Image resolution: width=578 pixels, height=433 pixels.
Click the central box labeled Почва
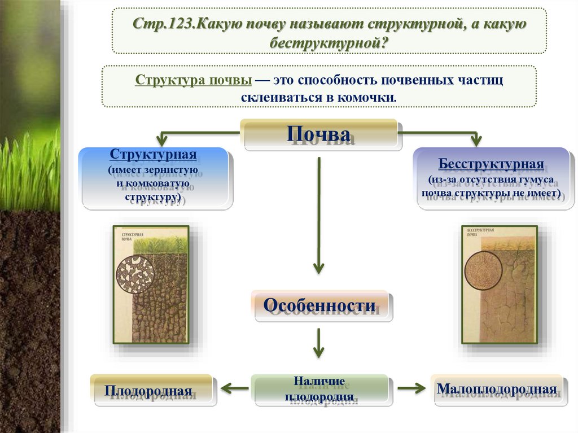coord(322,134)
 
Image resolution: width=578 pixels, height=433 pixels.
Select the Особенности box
coord(319,306)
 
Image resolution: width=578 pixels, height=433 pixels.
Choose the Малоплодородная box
coord(497,389)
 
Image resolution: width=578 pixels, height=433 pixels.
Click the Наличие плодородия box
coord(319,390)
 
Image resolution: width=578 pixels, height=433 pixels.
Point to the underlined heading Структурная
coord(153,155)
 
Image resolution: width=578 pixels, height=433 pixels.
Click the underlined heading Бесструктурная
coord(491,165)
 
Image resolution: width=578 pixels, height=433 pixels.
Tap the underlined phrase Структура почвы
coord(193,80)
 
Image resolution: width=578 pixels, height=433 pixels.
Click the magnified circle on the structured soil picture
coord(134,274)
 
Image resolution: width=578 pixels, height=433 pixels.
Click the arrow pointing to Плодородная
coord(234,388)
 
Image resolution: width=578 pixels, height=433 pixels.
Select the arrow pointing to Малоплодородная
coord(410,388)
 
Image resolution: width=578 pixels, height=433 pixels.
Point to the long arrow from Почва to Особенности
coord(319,215)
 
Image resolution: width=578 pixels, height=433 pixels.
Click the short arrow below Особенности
coord(319,343)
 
